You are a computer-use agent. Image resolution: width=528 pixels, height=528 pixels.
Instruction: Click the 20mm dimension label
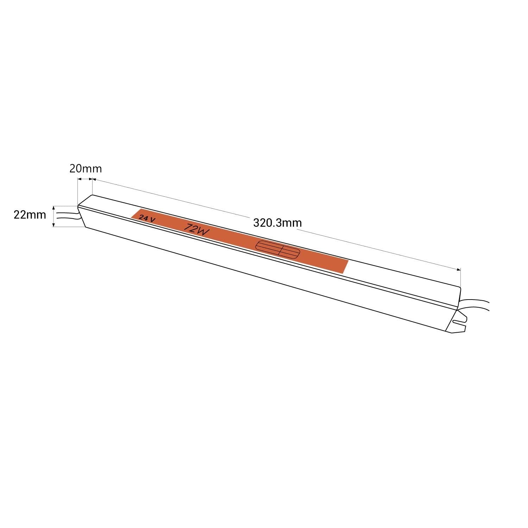click(85, 169)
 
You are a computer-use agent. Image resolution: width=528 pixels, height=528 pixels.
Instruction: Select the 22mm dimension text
click(30, 215)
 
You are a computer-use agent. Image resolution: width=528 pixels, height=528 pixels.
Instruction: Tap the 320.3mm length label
click(277, 223)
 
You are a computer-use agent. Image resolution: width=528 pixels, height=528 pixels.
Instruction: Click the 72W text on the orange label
click(197, 230)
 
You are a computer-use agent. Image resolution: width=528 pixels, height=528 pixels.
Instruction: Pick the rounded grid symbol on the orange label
click(278, 250)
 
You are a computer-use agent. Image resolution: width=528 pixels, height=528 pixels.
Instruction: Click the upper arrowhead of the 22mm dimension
click(54, 208)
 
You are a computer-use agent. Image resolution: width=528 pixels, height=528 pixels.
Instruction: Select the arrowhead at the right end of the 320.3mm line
click(458, 270)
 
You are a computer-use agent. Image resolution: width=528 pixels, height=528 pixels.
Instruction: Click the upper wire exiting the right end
click(475, 301)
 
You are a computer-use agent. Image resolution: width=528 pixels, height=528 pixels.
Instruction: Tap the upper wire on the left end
click(67, 212)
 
